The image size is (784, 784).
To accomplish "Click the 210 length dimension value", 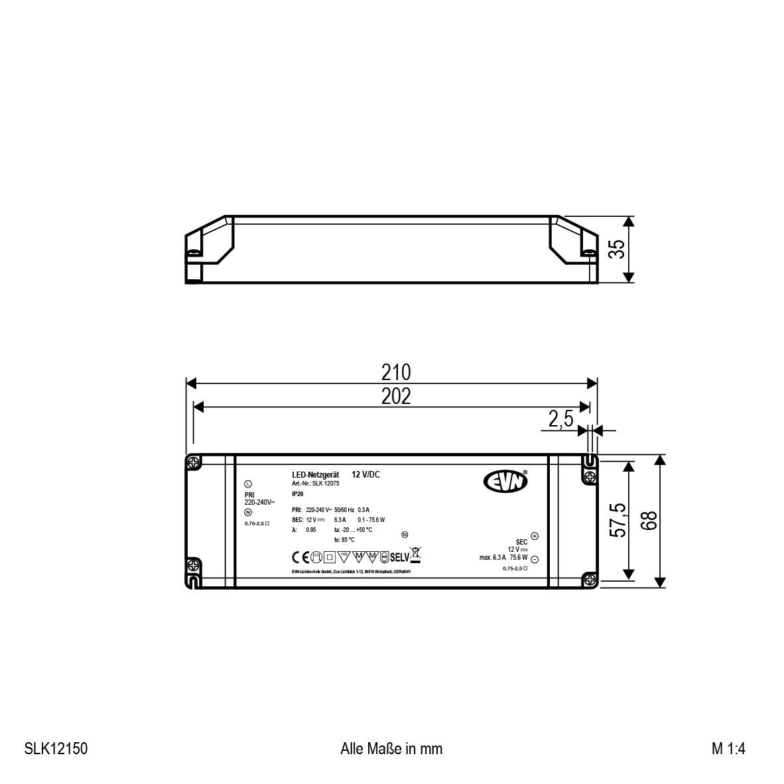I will (396, 372).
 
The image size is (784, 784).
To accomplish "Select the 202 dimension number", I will (396, 396).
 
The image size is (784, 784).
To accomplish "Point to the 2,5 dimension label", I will (560, 420).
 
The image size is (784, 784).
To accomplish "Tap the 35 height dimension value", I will (617, 249).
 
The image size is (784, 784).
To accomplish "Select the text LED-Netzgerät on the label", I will (316, 475).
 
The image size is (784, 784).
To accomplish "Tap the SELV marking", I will (400, 556).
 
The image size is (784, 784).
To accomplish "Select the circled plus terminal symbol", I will (535, 537).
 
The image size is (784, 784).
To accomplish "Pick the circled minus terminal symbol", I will (535, 559).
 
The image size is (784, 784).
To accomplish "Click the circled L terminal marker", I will (248, 484).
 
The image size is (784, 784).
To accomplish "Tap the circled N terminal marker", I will (248, 512).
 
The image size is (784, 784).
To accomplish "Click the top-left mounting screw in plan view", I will (193, 462).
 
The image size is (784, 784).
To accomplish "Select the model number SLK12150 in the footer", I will (56, 749).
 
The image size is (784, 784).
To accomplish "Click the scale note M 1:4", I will (729, 749).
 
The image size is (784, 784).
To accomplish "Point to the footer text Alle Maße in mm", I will (391, 749).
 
